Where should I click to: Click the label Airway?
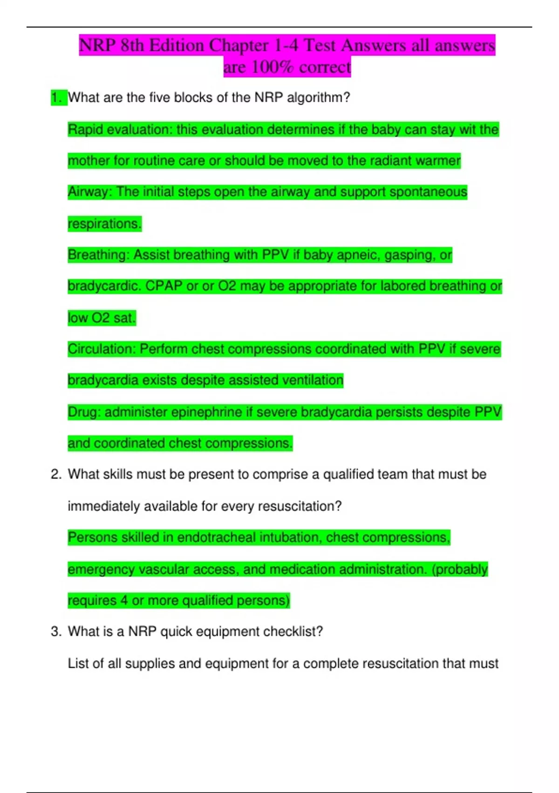coord(90,192)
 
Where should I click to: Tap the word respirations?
coord(104,224)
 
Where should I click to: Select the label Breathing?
coord(98,255)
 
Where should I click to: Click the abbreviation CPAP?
coord(164,286)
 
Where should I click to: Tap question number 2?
coord(56,474)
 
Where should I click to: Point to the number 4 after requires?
coord(124,600)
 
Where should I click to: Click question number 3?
coord(56,632)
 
